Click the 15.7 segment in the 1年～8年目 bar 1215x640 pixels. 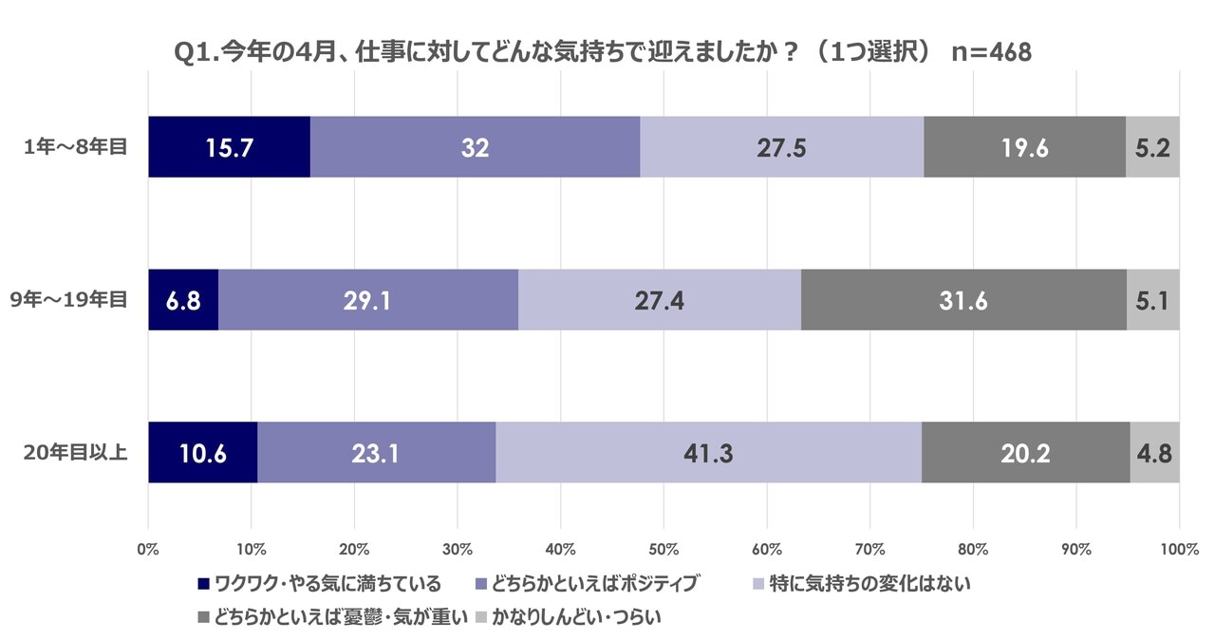pos(229,147)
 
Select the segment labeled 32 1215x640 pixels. pos(475,147)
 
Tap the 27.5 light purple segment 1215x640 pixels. pos(781,147)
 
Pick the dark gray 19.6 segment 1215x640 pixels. pos(1024,147)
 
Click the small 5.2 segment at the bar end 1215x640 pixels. pos(1151,147)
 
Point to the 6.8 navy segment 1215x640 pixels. pos(183,300)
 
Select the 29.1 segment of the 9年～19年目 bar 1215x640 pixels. pos(368,300)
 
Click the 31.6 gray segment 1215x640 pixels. pos(963,300)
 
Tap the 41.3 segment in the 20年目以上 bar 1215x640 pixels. pos(708,453)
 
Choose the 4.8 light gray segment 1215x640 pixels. pos(1154,453)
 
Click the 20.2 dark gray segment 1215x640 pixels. pos(1025,453)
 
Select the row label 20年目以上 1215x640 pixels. pos(75,453)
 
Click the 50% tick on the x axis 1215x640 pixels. pos(664,549)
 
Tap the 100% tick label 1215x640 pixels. pos(1178,549)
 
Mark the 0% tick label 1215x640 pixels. pos(148,549)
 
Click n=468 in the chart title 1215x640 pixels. pos(991,53)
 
